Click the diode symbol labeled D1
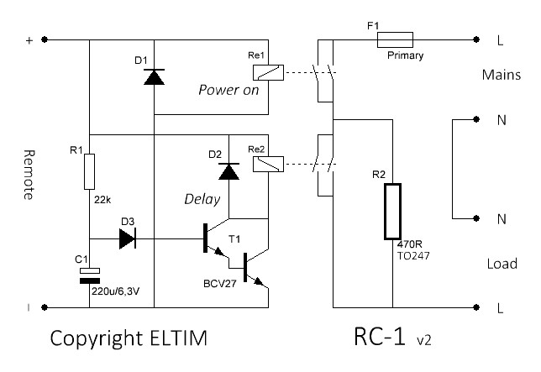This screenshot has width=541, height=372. pyautogui.click(x=153, y=77)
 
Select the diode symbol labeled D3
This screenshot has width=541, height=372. pyautogui.click(x=128, y=238)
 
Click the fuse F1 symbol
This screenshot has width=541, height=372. pyautogui.click(x=394, y=39)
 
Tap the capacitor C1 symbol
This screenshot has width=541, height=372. pyautogui.click(x=89, y=275)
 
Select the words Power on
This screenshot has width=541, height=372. pyautogui.click(x=228, y=90)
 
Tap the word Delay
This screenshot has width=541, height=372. pyautogui.click(x=202, y=200)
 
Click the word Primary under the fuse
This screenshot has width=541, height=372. pyautogui.click(x=406, y=55)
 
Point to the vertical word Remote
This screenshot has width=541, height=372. pyautogui.click(x=29, y=175)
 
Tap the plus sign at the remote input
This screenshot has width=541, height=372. pyautogui.click(x=29, y=39)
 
